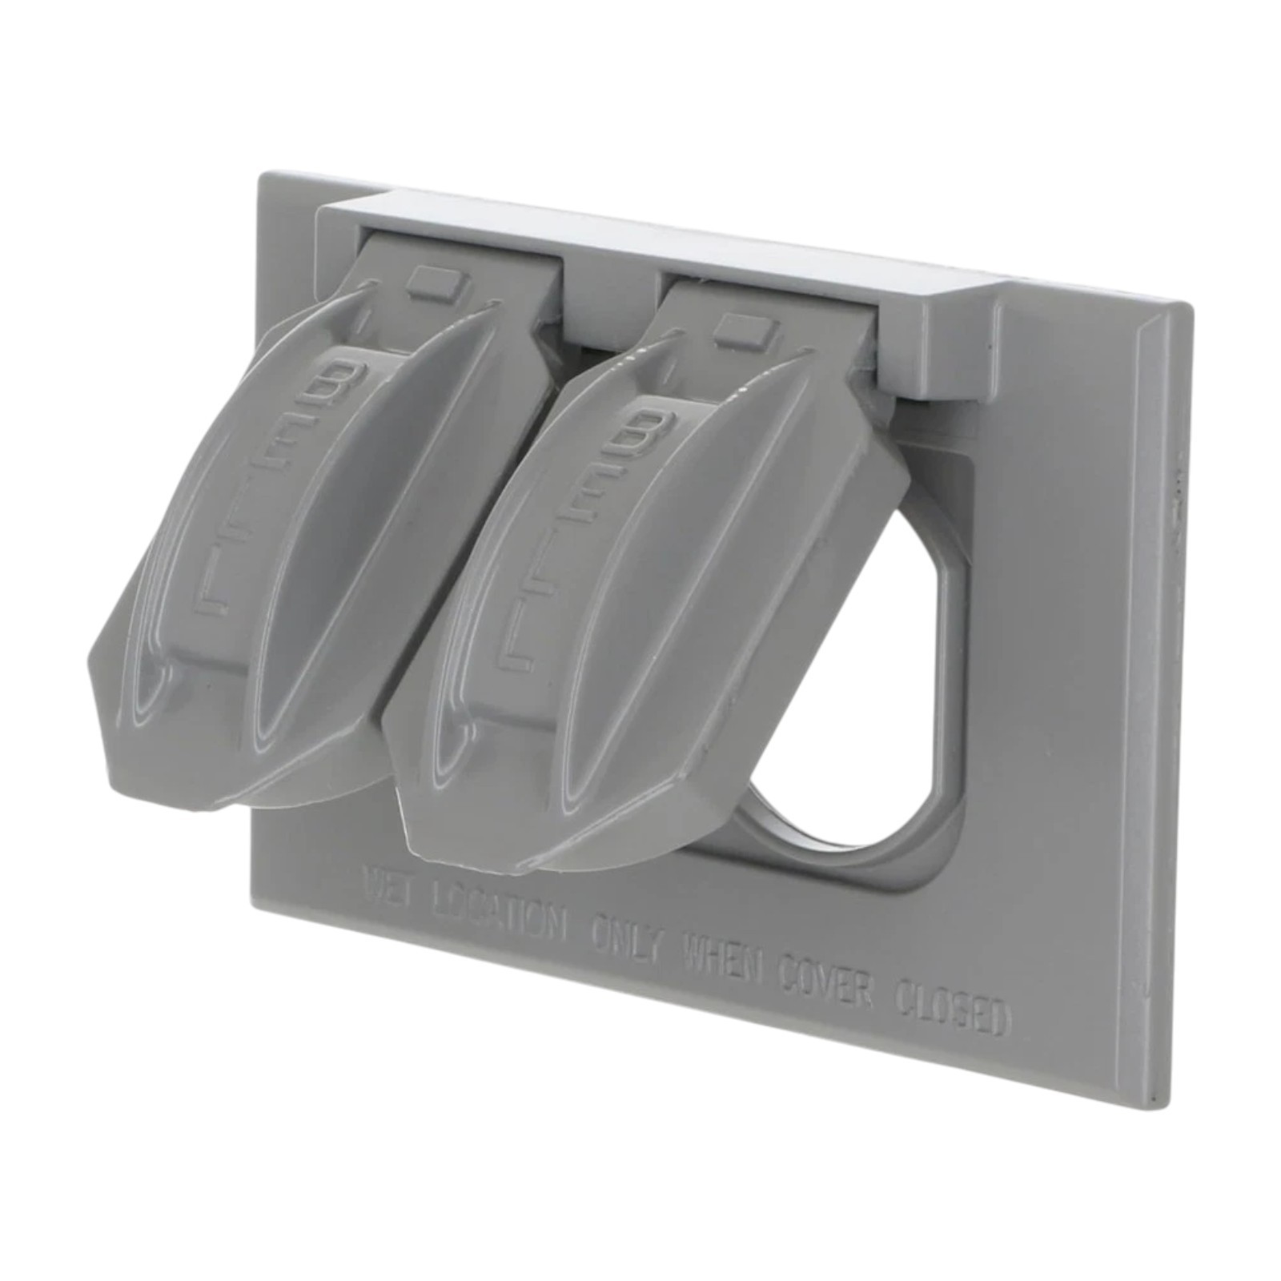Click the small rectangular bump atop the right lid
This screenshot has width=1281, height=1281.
(x=742, y=329)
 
